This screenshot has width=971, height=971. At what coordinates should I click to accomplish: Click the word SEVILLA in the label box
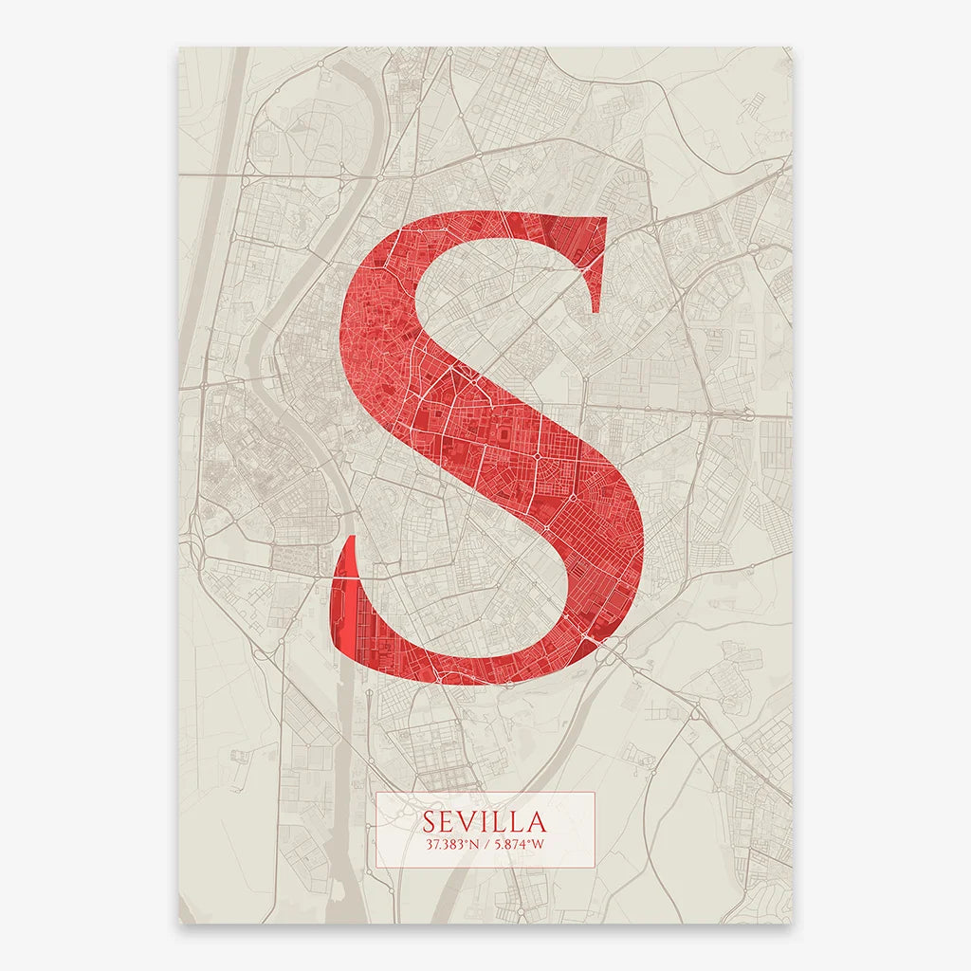pyautogui.click(x=485, y=819)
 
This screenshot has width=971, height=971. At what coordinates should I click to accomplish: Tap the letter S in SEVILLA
pyautogui.click(x=431, y=820)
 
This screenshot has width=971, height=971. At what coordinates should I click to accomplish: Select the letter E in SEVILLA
pyautogui.click(x=449, y=820)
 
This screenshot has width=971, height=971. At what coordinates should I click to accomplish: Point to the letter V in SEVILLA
pyautogui.click(x=468, y=820)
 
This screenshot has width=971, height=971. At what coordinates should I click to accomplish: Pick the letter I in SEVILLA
pyautogui.click(x=485, y=820)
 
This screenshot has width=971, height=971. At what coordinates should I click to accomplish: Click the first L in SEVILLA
pyautogui.click(x=498, y=820)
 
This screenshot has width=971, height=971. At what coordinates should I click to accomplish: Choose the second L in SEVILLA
pyautogui.click(x=515, y=820)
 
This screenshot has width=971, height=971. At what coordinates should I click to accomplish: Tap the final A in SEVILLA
pyautogui.click(x=536, y=820)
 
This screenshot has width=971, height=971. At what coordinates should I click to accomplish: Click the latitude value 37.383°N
pyautogui.click(x=451, y=843)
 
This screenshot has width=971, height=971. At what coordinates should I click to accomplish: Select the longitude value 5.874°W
pyautogui.click(x=518, y=843)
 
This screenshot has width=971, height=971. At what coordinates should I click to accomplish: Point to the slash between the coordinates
pyautogui.click(x=485, y=843)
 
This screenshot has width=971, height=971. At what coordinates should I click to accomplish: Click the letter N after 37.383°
pyautogui.click(x=472, y=843)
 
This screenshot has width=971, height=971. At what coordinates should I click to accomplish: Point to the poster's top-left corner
pyautogui.click(x=179, y=48)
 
